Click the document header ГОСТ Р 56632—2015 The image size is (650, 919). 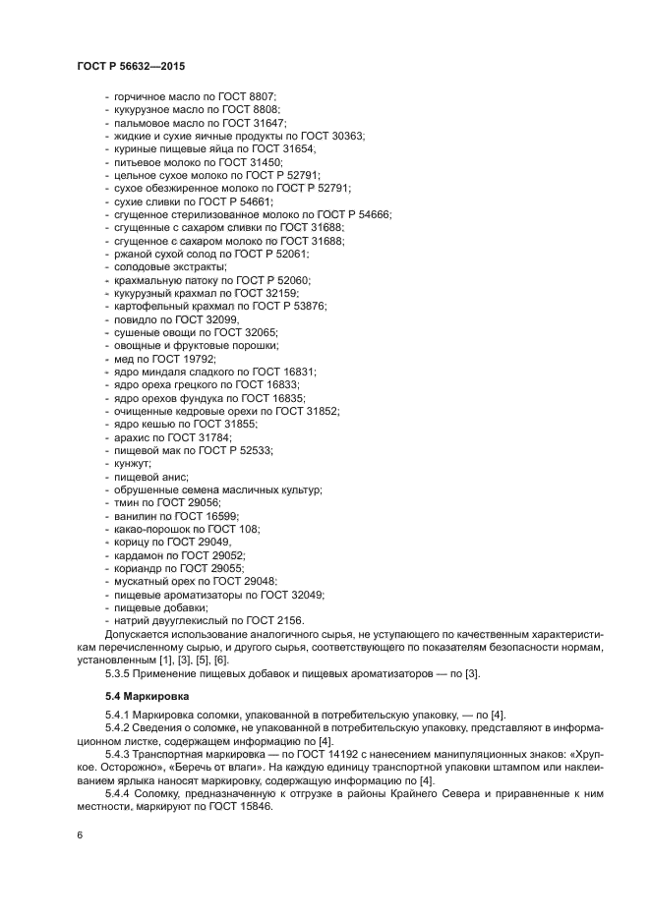tap(130, 67)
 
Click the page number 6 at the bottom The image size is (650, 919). tap(78, 834)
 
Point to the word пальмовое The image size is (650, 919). tap(140, 123)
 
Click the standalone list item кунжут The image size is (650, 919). tap(132, 463)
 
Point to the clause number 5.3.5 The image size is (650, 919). tap(120, 673)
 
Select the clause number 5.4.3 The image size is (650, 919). tap(120, 753)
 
